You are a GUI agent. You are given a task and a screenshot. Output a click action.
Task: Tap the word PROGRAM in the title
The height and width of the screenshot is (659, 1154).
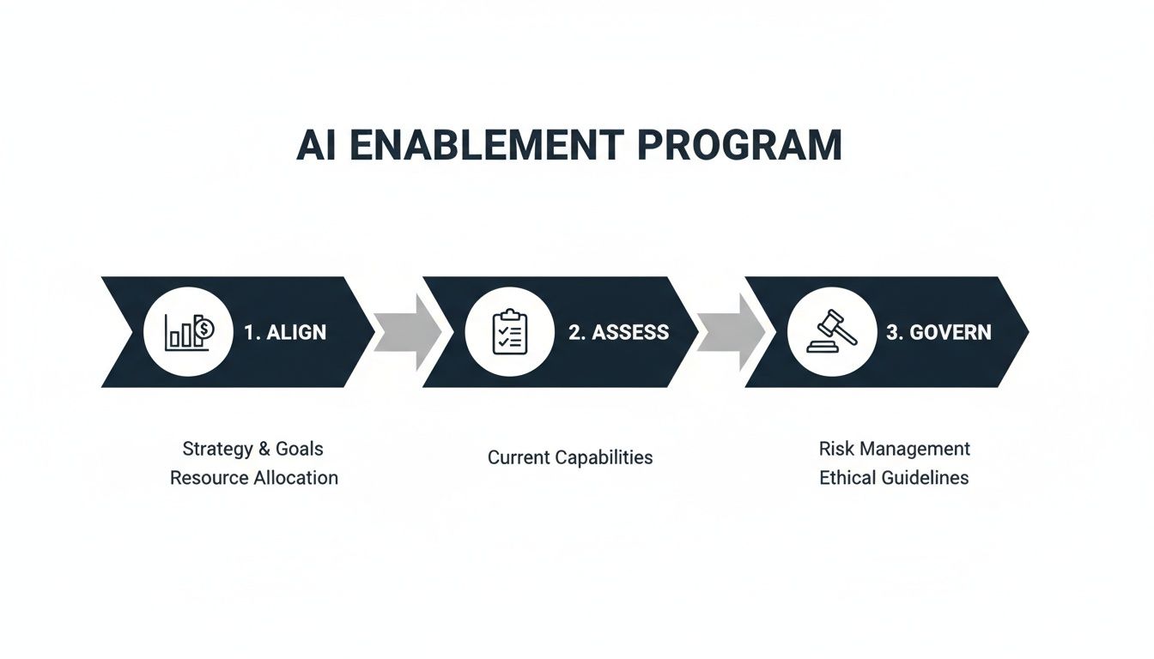(x=740, y=145)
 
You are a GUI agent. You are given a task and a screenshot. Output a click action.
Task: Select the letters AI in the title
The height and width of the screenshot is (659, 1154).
(x=316, y=145)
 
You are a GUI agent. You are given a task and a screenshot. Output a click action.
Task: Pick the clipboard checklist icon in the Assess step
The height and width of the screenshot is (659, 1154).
(x=509, y=332)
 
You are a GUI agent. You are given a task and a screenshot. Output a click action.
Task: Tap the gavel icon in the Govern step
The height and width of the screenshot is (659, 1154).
(x=831, y=332)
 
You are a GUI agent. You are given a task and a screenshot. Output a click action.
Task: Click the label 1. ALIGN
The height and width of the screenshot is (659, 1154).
(x=285, y=333)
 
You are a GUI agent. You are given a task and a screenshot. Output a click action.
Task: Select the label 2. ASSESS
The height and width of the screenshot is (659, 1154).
(x=618, y=333)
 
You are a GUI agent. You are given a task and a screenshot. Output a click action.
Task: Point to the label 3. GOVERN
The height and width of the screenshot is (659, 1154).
(x=938, y=333)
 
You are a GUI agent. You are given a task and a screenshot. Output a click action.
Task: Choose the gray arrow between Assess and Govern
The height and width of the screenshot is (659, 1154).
(x=729, y=332)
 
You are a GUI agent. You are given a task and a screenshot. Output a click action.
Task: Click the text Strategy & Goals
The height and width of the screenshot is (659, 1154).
(x=253, y=449)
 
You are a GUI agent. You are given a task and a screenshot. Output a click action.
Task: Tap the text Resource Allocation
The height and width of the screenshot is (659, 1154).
(x=254, y=478)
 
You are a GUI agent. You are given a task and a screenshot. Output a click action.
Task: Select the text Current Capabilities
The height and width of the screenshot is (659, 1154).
(x=570, y=457)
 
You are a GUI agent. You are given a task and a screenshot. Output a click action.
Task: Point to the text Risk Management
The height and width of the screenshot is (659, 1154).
(x=895, y=449)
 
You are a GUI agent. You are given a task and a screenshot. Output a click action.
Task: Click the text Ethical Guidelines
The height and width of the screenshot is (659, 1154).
(x=894, y=478)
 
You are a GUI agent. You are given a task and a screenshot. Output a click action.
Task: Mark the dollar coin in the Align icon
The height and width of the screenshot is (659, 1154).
(x=205, y=327)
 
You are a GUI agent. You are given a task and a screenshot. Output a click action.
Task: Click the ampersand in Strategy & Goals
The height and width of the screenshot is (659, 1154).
(x=264, y=449)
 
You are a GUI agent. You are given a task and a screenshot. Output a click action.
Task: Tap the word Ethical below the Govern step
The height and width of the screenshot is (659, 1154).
(x=847, y=478)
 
